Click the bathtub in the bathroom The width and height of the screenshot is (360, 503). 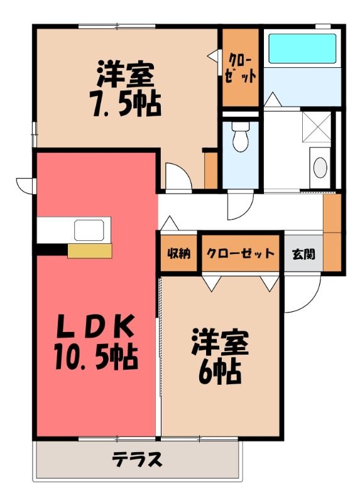(x=302, y=48)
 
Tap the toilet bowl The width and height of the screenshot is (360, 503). (x=240, y=141)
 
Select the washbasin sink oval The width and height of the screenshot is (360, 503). (x=320, y=167)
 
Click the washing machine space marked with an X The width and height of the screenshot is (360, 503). (x=317, y=127)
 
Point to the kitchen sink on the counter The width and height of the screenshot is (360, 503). (x=89, y=230)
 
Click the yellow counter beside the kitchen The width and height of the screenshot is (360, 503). (x=89, y=251)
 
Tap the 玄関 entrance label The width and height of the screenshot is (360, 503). (x=303, y=254)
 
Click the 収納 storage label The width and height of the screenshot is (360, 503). (x=179, y=253)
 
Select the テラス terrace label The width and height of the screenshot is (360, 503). (x=137, y=460)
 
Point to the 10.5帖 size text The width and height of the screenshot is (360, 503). (x=95, y=357)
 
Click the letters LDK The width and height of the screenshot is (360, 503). (x=95, y=326)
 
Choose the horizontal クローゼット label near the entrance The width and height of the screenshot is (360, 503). (x=241, y=253)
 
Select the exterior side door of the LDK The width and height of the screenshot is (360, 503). (x=26, y=186)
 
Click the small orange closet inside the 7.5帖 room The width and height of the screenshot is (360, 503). (x=210, y=170)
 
